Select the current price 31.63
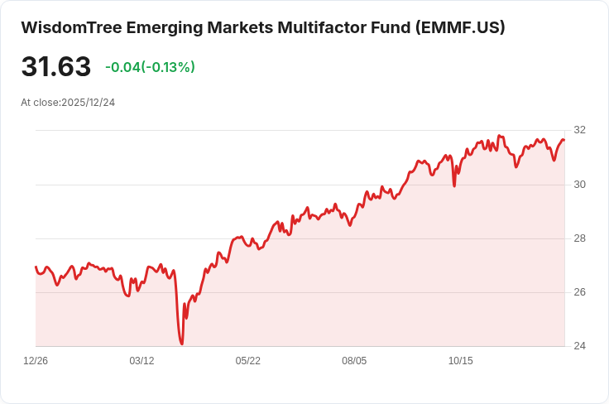point(55,67)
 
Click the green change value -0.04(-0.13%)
point(150,67)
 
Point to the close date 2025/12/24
point(88,103)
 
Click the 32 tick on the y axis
point(579,130)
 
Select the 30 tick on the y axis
point(579,185)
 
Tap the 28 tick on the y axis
point(579,238)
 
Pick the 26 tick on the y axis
point(579,292)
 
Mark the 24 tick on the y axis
point(579,346)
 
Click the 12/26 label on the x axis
point(36,361)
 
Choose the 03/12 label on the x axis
point(142,361)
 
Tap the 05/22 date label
point(248,361)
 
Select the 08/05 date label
point(354,361)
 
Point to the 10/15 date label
point(460,361)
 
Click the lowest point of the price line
point(181,344)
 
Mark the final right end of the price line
point(564,140)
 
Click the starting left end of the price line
point(36,267)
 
